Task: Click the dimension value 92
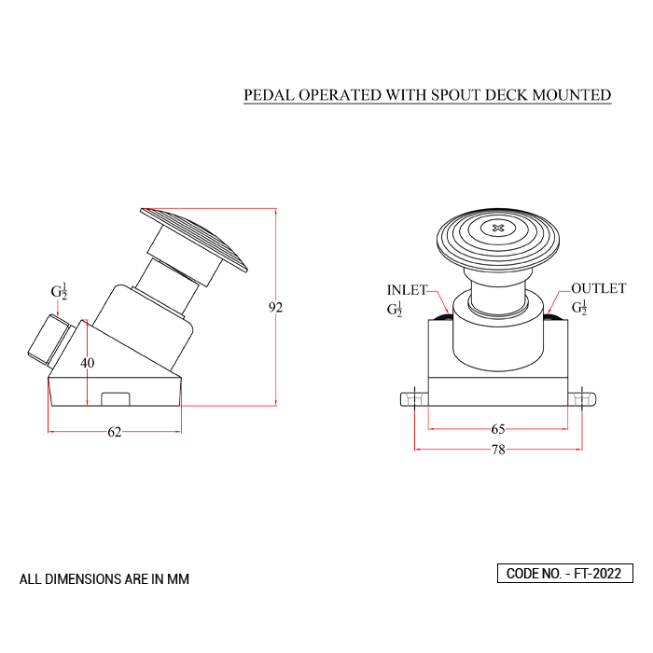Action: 276,307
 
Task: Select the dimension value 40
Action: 88,363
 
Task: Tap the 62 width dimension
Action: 115,432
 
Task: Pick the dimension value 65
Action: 498,429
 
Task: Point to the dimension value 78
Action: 498,450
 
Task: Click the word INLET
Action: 407,290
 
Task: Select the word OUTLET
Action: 599,288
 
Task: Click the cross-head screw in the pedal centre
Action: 498,228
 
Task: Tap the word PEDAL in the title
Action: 269,95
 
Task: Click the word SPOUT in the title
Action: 455,95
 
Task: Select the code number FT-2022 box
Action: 565,574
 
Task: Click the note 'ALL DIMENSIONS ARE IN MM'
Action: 104,579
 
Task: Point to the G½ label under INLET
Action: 395,309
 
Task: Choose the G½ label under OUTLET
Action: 579,307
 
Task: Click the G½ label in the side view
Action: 59,291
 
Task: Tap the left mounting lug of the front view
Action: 414,399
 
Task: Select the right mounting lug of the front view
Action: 582,399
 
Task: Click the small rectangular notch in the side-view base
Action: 116,398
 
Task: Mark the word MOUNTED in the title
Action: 572,95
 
